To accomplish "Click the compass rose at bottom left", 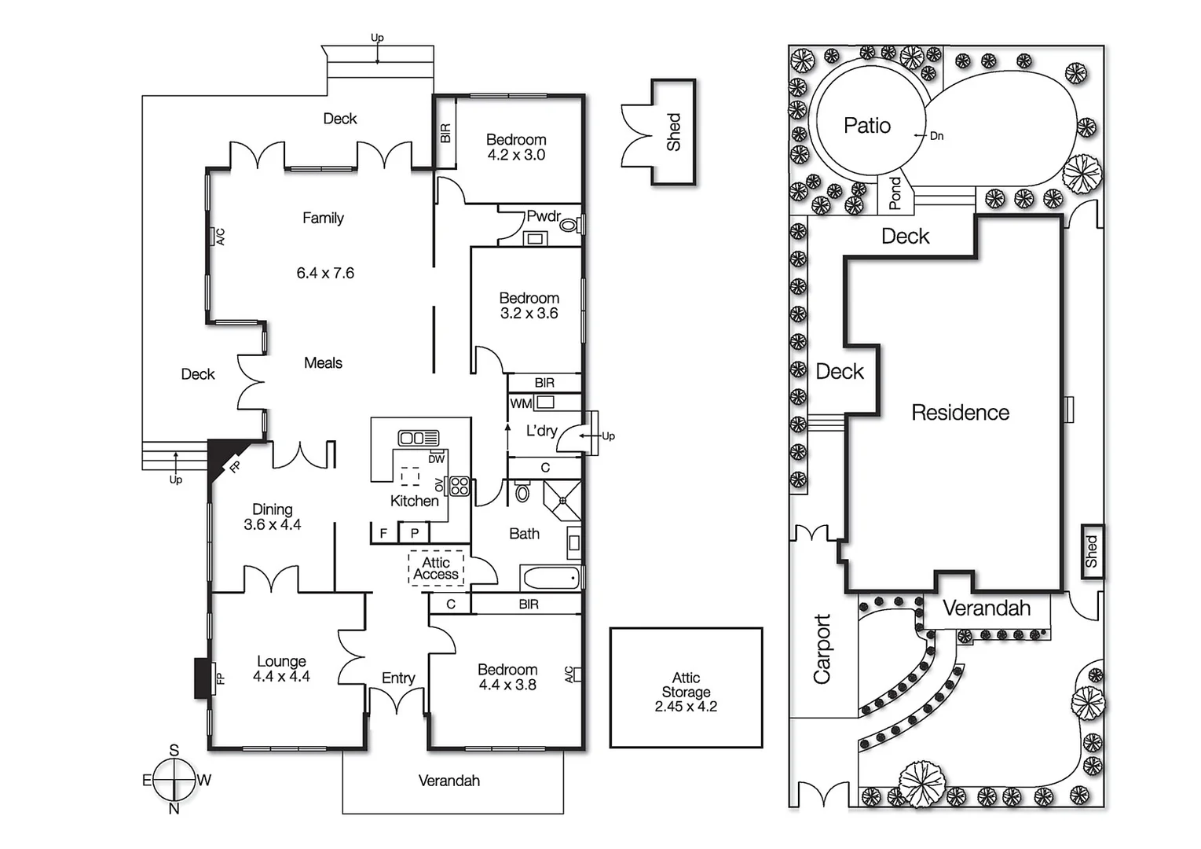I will [174, 780].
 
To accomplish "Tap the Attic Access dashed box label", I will [436, 568].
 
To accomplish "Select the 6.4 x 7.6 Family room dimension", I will [325, 273].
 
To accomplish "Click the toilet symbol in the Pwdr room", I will [569, 226].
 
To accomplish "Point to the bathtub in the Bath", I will [551, 579].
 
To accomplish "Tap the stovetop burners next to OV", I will [460, 486].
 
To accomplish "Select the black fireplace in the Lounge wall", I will [203, 678].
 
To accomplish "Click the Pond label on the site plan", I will [895, 193].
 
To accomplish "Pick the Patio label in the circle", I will [866, 126].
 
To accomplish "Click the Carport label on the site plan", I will [822, 649].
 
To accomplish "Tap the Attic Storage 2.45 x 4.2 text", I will [686, 692].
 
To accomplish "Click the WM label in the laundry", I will [521, 403].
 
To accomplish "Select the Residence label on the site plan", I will [960, 413].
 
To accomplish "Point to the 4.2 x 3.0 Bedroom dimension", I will [516, 155].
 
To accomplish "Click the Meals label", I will [323, 362].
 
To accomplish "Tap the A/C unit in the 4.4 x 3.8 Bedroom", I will [577, 674].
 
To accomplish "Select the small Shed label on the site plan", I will [1091, 551].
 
